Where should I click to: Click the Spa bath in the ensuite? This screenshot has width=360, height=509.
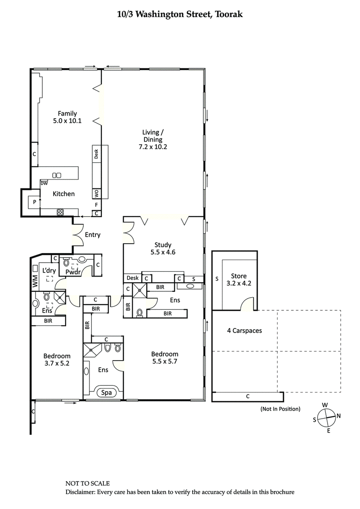(x=106, y=393)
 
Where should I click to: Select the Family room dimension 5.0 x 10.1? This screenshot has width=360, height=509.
(x=67, y=121)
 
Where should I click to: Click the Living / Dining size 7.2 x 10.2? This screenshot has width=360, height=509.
(x=153, y=147)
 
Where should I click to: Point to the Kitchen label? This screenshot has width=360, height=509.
(x=63, y=194)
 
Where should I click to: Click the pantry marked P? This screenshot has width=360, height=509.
(x=34, y=203)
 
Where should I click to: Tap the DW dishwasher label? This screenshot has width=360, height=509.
(x=44, y=183)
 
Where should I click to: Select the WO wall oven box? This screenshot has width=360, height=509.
(x=96, y=194)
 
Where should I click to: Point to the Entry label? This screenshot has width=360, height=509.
(x=92, y=235)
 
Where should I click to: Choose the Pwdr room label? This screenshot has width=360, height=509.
(x=73, y=272)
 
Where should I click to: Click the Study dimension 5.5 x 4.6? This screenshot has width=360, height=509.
(x=162, y=252)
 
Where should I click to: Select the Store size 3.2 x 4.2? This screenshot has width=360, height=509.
(x=238, y=284)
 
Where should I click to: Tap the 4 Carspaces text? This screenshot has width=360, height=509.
(x=244, y=330)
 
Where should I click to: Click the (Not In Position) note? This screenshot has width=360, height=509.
(x=280, y=409)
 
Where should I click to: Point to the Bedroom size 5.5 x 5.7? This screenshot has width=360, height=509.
(x=164, y=361)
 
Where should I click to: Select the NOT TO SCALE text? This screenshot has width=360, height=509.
(x=87, y=483)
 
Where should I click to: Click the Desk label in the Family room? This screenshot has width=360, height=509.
(x=96, y=154)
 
